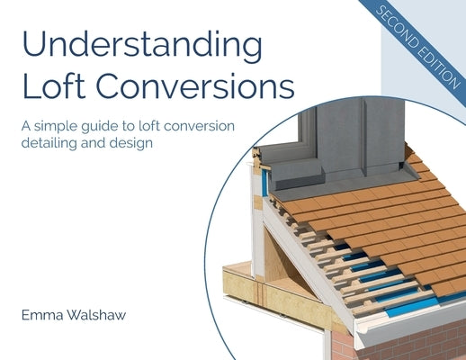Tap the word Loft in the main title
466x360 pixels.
pos(52,88)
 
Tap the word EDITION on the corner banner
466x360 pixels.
pos(430,64)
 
